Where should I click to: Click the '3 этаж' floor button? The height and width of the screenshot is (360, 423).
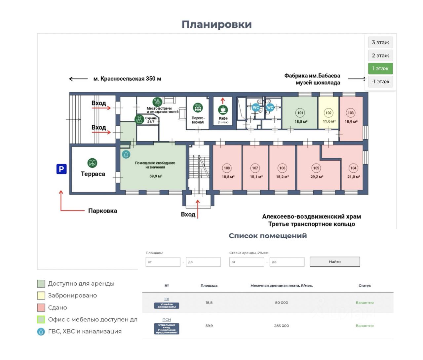(380, 42)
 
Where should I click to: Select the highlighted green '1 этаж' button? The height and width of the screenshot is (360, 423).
(380, 68)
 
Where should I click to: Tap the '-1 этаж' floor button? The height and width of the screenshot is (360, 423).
(380, 81)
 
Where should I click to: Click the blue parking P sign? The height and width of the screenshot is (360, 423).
(61, 169)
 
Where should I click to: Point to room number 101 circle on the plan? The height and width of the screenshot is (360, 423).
(300, 113)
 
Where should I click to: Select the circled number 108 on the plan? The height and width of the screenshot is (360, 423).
(227, 168)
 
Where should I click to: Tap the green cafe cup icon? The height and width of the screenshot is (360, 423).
(223, 109)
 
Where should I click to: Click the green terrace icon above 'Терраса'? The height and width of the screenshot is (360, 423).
(92, 163)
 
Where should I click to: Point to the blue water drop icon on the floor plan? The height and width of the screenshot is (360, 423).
(126, 154)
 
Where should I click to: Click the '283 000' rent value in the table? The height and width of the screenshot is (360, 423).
(281, 326)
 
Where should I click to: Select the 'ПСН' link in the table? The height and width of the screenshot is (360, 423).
(167, 320)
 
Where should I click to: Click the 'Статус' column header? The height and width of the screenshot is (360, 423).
(365, 286)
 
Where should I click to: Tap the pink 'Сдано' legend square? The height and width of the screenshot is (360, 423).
(41, 307)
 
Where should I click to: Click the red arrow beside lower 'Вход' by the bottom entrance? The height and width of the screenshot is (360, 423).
(198, 208)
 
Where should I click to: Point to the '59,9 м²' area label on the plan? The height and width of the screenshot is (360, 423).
(156, 176)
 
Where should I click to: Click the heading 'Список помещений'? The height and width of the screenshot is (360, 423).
(268, 236)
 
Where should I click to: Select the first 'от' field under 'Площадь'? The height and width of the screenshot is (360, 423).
(163, 262)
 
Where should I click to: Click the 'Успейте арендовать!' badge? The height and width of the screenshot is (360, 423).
(167, 306)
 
